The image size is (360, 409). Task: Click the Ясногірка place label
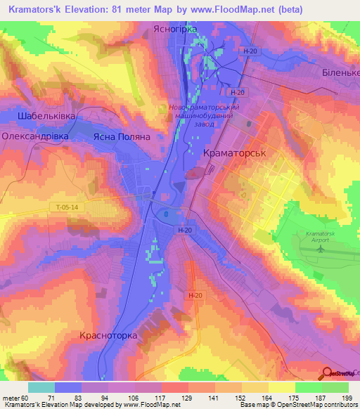175,30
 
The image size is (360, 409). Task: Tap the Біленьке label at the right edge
342,73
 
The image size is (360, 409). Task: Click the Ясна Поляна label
122,138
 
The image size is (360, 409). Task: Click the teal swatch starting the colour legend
41,387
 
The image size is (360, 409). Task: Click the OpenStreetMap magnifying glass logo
327,373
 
